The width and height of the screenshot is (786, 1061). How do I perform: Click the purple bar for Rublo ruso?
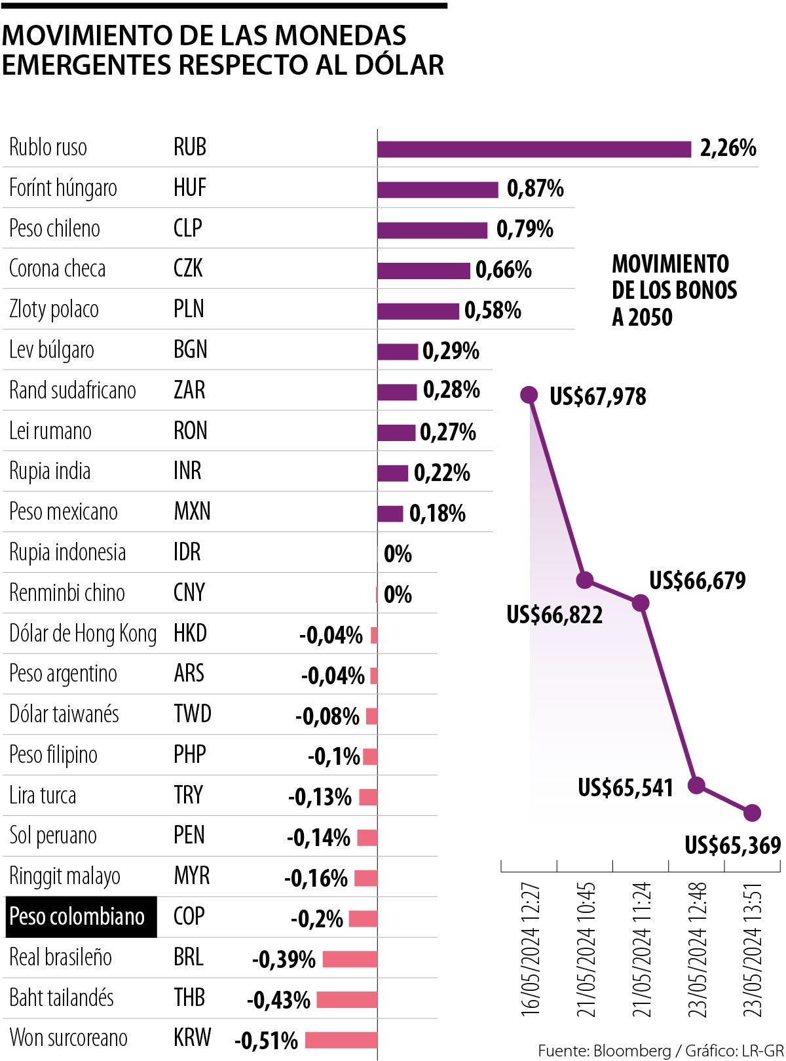click(534, 149)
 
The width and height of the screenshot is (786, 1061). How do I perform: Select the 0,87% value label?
click(535, 189)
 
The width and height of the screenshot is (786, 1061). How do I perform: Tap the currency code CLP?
click(188, 228)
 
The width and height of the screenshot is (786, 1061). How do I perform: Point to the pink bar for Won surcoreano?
click(341, 1040)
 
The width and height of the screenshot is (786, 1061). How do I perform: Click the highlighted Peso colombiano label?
click(77, 916)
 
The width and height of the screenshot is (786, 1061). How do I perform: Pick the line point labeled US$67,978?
click(529, 395)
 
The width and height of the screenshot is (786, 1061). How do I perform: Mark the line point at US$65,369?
click(753, 813)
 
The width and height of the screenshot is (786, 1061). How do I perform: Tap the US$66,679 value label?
click(698, 581)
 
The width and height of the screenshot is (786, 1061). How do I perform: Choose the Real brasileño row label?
click(61, 957)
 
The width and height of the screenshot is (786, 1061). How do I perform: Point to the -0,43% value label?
click(278, 1000)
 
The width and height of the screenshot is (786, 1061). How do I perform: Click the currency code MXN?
click(192, 511)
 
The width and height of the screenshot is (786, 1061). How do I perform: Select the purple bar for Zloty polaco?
click(418, 311)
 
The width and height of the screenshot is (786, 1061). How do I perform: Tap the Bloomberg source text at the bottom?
click(632, 1051)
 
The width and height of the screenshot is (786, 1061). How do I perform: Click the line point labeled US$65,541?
click(697, 784)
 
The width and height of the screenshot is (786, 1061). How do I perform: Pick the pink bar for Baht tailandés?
click(346, 999)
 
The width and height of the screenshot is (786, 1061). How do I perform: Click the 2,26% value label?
click(728, 148)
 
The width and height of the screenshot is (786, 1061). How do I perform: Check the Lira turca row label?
click(43, 795)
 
